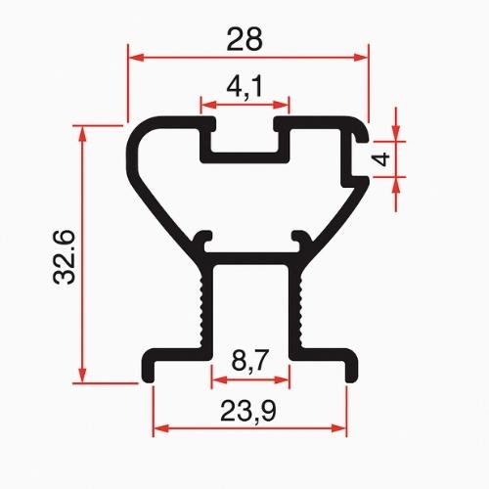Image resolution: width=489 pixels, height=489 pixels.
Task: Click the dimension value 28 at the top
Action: click(x=244, y=39)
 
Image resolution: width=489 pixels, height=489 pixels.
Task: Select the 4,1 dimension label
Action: click(x=244, y=87)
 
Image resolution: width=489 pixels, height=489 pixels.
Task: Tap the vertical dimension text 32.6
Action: click(x=65, y=257)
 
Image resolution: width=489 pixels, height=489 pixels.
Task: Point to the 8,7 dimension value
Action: click(x=249, y=360)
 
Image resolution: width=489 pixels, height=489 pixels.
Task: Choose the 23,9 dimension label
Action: click(x=248, y=411)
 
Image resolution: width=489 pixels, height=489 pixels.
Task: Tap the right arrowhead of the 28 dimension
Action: click(x=361, y=58)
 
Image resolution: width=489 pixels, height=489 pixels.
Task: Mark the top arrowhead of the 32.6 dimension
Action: click(x=82, y=134)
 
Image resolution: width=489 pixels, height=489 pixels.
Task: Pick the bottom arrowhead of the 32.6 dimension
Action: click(x=82, y=375)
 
